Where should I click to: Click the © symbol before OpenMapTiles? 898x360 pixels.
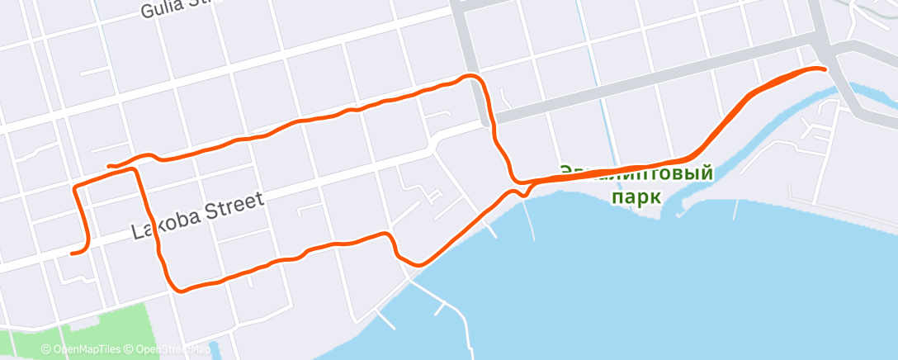46,349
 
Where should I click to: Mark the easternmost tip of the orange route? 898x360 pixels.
825,69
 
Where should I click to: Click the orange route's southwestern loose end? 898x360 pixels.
73,253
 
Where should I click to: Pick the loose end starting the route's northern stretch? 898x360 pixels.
110,166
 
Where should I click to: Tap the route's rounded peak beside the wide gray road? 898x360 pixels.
472,77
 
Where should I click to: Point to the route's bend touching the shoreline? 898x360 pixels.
418,264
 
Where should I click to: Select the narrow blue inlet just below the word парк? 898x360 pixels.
677,211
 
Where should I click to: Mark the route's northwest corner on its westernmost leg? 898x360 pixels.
77,188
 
